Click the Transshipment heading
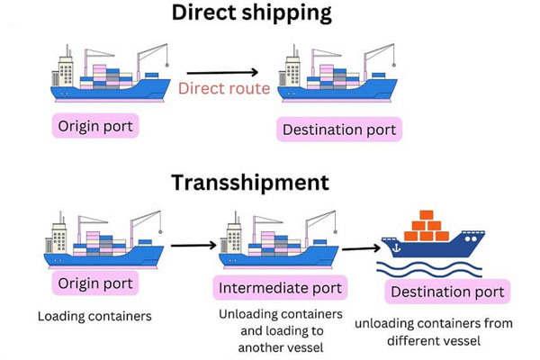click(250, 183)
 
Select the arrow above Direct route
click(222, 72)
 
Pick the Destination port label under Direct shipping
click(339, 130)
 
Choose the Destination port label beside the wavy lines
click(447, 292)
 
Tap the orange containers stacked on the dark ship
click(427, 227)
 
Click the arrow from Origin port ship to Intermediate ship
click(193, 244)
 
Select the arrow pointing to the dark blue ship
click(360, 249)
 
